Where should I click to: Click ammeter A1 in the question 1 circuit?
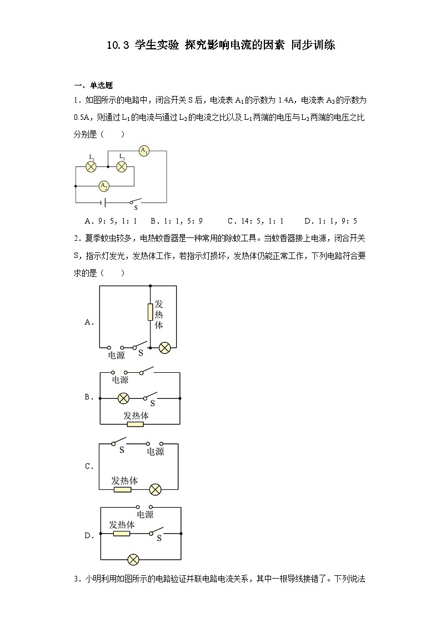click(144, 151)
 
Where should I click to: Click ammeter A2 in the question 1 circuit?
click(104, 185)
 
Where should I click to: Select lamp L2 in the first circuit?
click(122, 165)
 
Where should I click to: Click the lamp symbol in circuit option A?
click(165, 348)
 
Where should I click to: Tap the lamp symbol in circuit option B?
click(123, 398)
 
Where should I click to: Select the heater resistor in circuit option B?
click(136, 424)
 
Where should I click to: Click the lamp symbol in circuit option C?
click(156, 489)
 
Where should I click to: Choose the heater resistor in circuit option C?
click(122, 489)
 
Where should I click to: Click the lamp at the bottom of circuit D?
click(133, 559)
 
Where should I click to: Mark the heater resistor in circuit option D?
click(121, 534)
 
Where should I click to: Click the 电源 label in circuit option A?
click(117, 355)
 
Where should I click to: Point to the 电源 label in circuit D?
click(145, 515)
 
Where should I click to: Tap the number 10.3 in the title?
click(117, 45)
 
